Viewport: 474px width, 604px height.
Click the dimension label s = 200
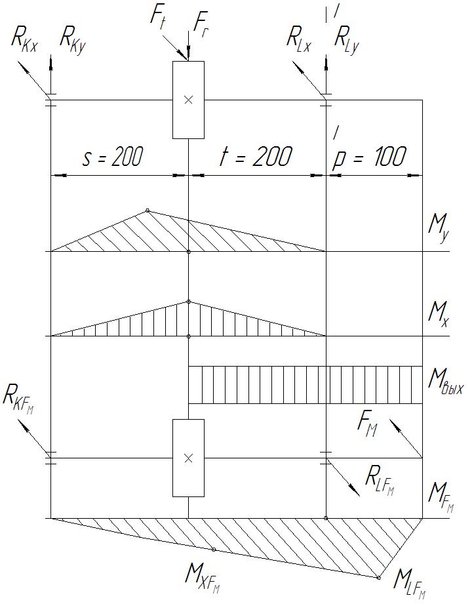(112, 157)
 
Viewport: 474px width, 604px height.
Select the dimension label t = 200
(252, 157)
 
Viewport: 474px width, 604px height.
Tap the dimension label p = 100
(370, 157)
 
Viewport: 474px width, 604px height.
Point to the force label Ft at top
(158, 18)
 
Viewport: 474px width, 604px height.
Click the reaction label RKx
(24, 37)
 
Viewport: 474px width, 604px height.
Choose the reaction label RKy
(73, 37)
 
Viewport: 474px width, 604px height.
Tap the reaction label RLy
(347, 37)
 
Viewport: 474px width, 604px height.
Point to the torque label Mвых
(444, 380)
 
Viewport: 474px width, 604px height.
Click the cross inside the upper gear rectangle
(188, 100)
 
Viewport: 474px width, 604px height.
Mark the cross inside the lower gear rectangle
(188, 458)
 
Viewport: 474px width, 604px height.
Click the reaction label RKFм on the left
(18, 397)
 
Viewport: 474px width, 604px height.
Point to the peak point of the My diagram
(148, 211)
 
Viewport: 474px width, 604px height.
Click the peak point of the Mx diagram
(188, 302)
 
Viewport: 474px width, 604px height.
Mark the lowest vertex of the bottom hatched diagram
(379, 577)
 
